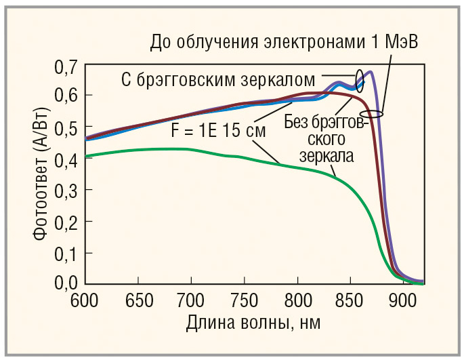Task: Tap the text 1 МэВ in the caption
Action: (396, 42)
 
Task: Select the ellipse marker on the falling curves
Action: (371, 113)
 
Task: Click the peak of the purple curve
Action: (371, 71)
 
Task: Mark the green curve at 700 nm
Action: (192, 149)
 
